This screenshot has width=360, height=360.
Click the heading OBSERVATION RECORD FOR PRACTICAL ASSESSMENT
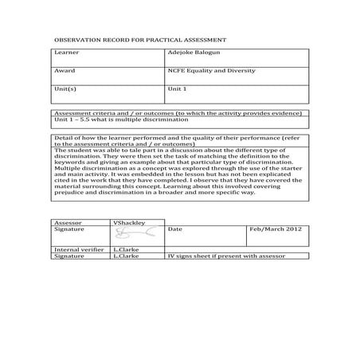139,39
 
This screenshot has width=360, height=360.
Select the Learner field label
66,53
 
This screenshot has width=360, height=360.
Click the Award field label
64,70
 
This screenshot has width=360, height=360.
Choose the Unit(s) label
65,88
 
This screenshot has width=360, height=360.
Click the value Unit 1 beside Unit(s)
177,88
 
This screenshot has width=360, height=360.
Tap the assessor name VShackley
129,222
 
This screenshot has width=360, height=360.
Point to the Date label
175,229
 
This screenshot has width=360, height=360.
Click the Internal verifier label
78,250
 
